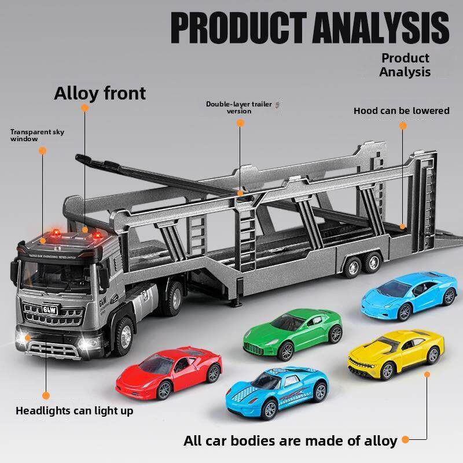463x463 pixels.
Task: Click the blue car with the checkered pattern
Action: [x=277, y=391]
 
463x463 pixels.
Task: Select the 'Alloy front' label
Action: [x=100, y=93]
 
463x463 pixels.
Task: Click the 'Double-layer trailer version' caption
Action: [x=238, y=107]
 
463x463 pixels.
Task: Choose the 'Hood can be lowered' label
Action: [x=401, y=111]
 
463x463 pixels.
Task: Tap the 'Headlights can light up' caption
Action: [x=74, y=411]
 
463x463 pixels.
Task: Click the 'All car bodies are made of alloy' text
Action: [x=290, y=440]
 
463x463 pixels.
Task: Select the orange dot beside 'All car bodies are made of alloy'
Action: [x=406, y=440]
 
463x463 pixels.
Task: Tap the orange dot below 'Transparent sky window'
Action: [x=42, y=150]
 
